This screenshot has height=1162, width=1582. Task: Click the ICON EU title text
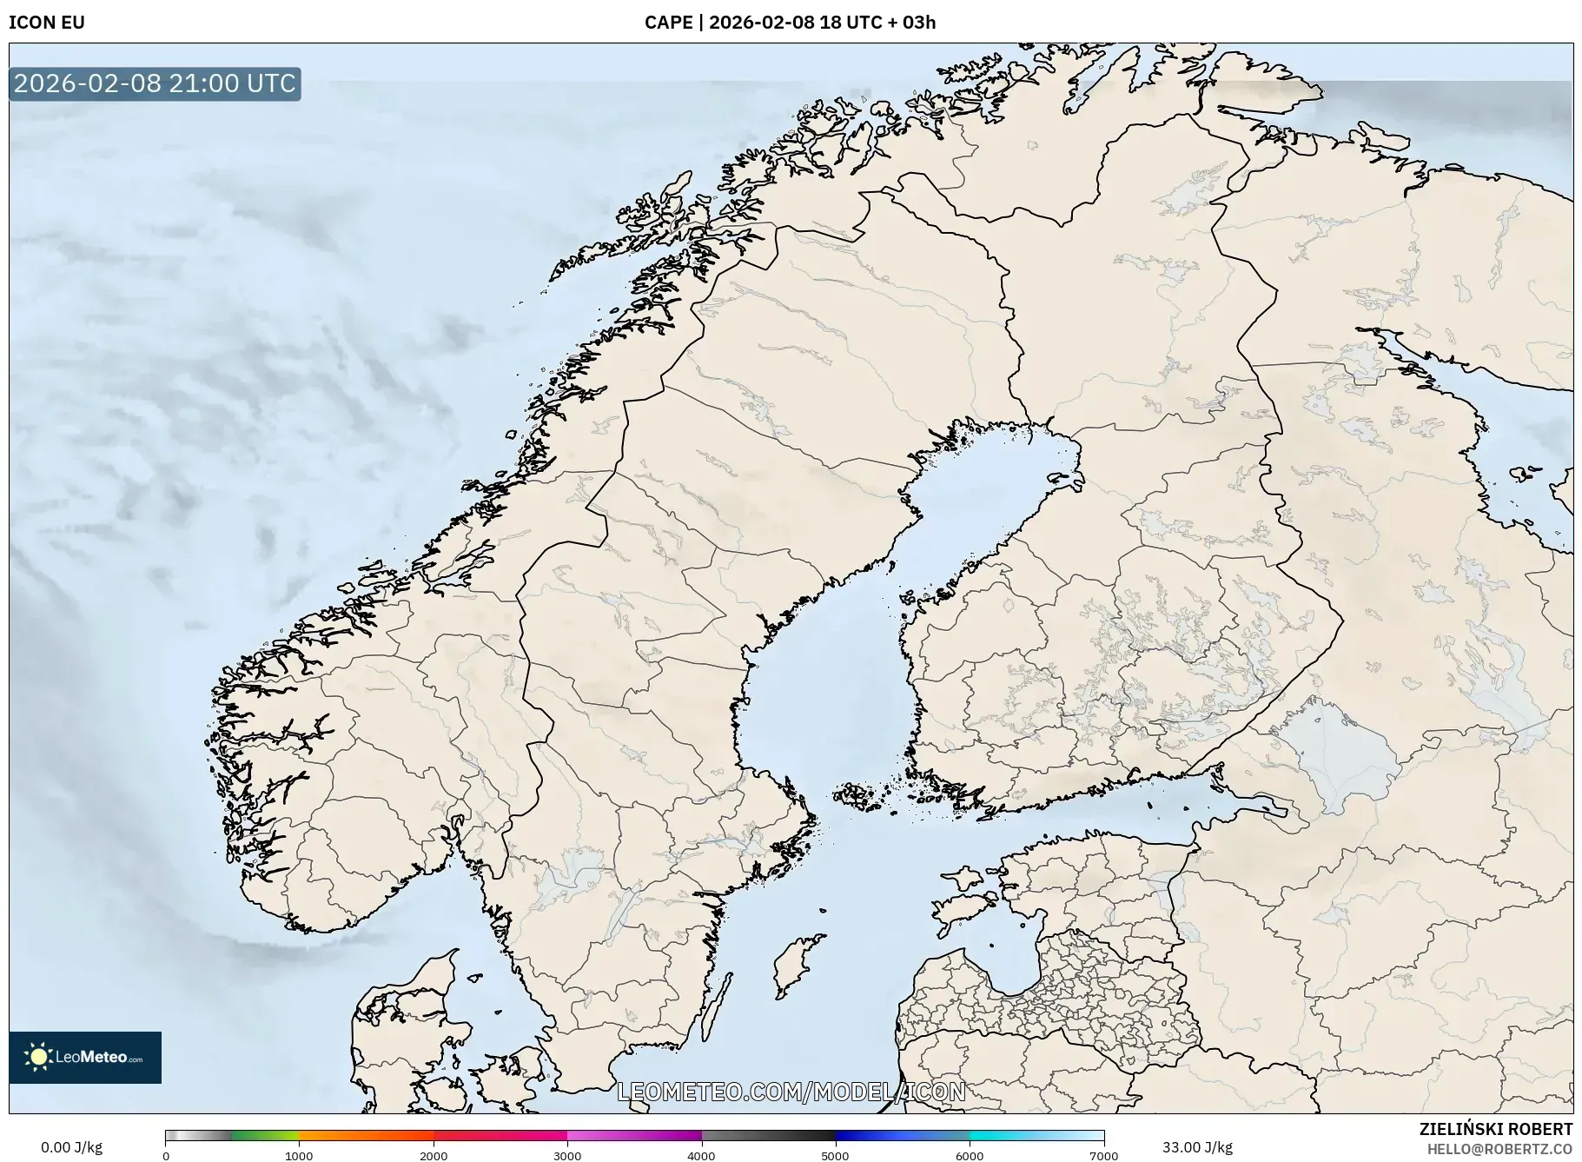click(x=47, y=23)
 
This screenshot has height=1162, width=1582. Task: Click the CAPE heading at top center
click(x=790, y=23)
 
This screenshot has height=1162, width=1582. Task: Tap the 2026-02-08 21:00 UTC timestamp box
click(x=155, y=83)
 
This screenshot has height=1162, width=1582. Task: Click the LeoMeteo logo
click(x=85, y=1057)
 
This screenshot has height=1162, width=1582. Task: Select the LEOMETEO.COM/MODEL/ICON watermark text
click(x=791, y=1092)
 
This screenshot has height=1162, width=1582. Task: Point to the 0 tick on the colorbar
click(x=166, y=1156)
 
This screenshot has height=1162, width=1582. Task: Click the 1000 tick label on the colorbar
click(x=299, y=1156)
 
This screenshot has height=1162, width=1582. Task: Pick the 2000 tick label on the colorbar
click(x=434, y=1156)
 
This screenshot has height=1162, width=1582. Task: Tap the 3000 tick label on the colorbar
click(x=567, y=1156)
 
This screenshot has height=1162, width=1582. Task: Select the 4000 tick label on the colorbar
click(x=701, y=1156)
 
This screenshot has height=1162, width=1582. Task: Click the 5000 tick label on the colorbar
click(x=835, y=1156)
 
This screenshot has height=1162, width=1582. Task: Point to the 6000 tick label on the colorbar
click(x=970, y=1156)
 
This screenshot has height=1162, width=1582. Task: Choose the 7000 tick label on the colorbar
click(x=1103, y=1156)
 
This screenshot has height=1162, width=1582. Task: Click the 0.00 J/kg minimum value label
click(x=71, y=1147)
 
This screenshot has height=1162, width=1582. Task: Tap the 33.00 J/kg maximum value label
click(x=1197, y=1147)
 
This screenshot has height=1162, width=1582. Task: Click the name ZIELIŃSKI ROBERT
click(x=1495, y=1129)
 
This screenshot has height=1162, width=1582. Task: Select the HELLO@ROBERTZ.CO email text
click(x=1499, y=1149)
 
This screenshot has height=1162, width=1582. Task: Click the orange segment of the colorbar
click(x=365, y=1135)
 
